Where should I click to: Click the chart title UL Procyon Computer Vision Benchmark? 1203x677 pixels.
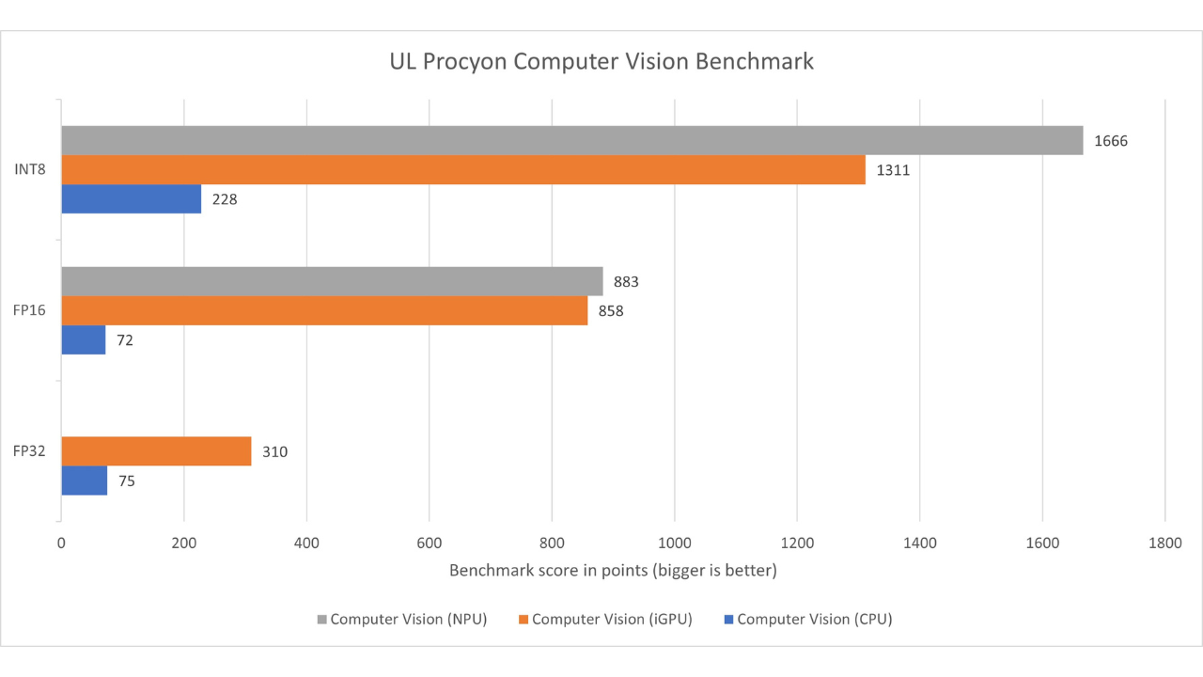(601, 63)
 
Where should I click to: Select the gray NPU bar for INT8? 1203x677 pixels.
(571, 140)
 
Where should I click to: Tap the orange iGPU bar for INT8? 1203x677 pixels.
(462, 170)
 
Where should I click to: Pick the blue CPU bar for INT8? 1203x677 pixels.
(131, 199)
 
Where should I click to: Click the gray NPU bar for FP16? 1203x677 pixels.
(332, 281)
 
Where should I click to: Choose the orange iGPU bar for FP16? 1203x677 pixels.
(324, 311)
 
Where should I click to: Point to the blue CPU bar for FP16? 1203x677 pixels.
(83, 339)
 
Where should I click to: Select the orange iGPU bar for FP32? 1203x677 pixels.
(156, 451)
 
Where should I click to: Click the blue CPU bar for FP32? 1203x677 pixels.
(84, 480)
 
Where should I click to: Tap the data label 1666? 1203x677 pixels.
(1110, 141)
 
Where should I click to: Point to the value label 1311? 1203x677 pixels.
(893, 170)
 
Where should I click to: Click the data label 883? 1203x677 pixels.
(627, 282)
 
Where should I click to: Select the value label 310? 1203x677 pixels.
(274, 452)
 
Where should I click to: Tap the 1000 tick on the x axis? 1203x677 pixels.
(674, 543)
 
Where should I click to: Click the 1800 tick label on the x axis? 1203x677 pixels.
(1164, 543)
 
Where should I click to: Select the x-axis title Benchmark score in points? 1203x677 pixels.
(613, 571)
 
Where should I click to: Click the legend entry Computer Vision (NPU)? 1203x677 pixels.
(401, 620)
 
